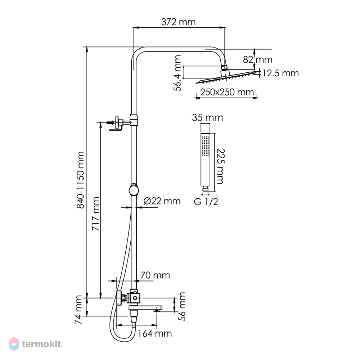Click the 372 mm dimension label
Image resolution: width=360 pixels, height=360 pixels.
click(179, 22)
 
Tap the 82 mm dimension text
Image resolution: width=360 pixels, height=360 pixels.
click(258, 60)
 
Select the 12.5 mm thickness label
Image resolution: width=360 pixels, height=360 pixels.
click(280, 73)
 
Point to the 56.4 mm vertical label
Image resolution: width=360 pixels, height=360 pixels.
click(177, 73)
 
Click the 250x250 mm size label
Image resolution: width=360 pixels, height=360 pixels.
click(227, 92)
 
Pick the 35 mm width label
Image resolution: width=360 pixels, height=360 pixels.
click(207, 118)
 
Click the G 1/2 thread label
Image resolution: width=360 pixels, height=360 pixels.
click(206, 202)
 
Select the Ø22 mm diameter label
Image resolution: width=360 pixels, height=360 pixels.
click(162, 201)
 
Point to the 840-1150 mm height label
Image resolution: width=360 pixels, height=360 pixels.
click(80, 180)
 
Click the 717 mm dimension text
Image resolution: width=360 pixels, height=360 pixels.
click(95, 214)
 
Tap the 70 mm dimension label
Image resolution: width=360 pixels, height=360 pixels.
click(155, 275)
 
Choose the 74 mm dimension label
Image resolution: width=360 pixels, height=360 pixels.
click(78, 310)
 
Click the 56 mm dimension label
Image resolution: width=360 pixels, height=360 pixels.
click(182, 306)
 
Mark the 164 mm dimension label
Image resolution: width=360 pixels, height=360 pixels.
click(154, 333)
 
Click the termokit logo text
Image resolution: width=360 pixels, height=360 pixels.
click(41, 344)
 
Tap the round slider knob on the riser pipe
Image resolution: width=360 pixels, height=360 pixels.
click(134, 190)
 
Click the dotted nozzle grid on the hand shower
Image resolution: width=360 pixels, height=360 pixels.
click(205, 145)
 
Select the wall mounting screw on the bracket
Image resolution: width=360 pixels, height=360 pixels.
click(110, 123)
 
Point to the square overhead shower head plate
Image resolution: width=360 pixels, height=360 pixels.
click(226, 78)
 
